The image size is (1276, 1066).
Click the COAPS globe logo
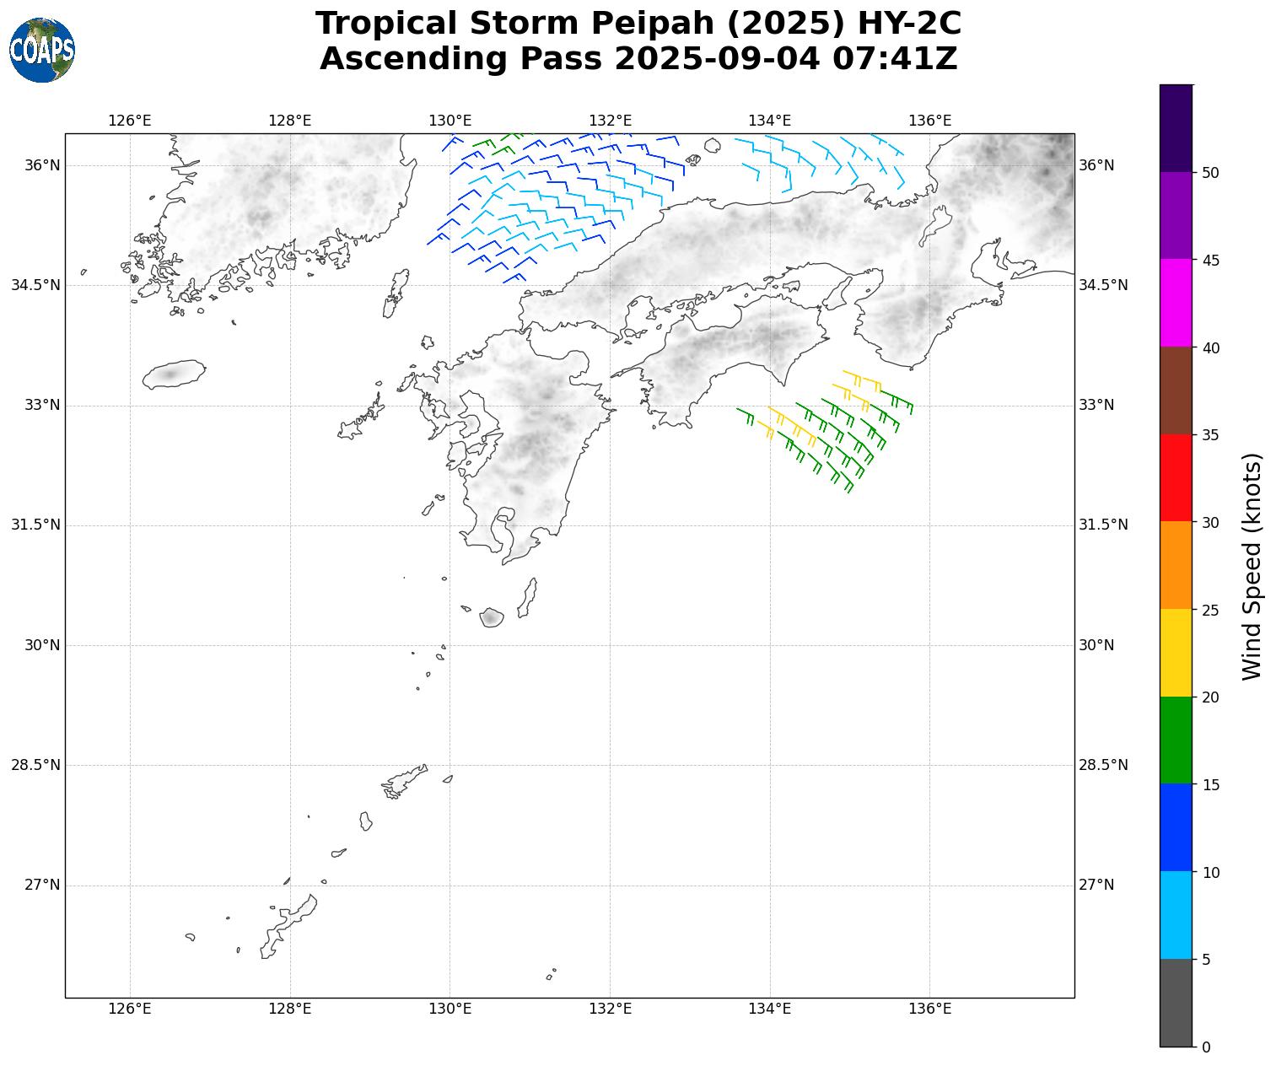pyautogui.click(x=42, y=51)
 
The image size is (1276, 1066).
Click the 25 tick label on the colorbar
pyautogui.click(x=1210, y=610)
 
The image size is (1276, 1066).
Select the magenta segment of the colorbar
pyautogui.click(x=1176, y=303)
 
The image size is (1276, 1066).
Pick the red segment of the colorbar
pyautogui.click(x=1176, y=477)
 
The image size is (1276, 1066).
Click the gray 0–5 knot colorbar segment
pyautogui.click(x=1176, y=1003)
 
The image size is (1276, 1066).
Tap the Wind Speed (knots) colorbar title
pyautogui.click(x=1253, y=566)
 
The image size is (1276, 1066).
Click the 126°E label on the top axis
pyautogui.click(x=130, y=121)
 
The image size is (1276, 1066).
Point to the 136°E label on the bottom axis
pyautogui.click(x=929, y=1009)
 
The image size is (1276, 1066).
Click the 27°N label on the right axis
pyautogui.click(x=1096, y=885)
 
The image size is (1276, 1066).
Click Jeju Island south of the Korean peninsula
pyautogui.click(x=174, y=374)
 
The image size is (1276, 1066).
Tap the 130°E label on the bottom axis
pyautogui.click(x=450, y=1009)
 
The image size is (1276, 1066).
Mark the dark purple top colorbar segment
pyautogui.click(x=1176, y=128)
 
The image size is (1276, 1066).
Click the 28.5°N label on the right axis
pyautogui.click(x=1103, y=765)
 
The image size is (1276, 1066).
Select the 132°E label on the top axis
pyautogui.click(x=610, y=121)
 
